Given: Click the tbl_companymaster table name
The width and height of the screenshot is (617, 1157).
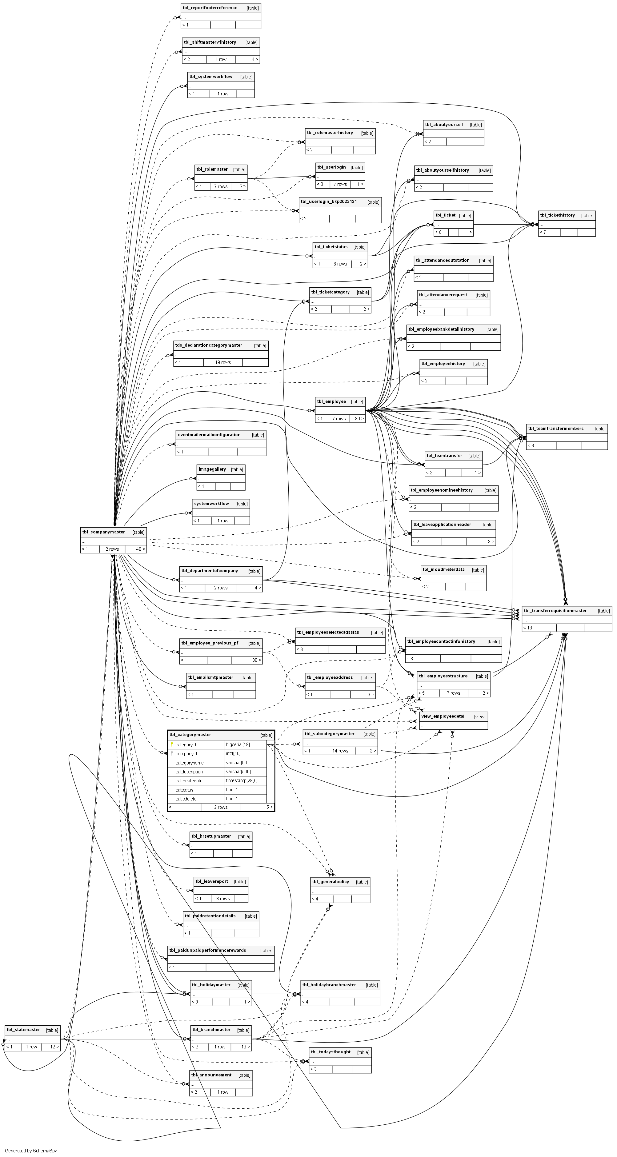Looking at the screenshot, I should (104, 532).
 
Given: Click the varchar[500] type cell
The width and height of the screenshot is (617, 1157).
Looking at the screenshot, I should (237, 772).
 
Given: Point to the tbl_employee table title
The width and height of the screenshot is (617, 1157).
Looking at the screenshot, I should (331, 401).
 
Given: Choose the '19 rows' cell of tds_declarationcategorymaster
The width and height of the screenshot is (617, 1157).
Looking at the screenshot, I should (223, 362).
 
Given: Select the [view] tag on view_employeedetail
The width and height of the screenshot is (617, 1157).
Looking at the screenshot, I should (479, 717).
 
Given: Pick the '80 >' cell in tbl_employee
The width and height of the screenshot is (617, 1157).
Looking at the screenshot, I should (358, 419).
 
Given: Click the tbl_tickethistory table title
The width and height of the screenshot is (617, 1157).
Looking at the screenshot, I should (557, 215).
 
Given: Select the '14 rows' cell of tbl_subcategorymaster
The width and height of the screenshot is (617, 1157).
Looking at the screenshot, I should (340, 751).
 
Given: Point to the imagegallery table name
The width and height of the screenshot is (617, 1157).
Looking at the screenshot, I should (212, 469).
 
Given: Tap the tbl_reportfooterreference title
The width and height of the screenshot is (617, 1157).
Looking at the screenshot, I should (210, 8).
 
